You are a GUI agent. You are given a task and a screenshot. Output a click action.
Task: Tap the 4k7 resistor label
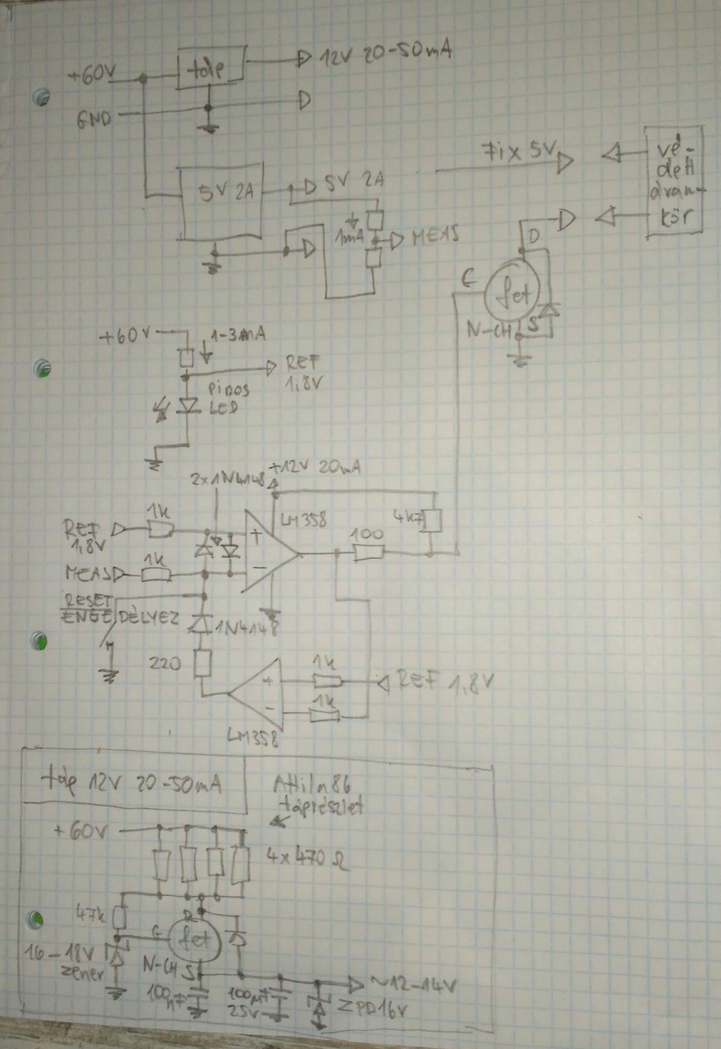[x=407, y=517]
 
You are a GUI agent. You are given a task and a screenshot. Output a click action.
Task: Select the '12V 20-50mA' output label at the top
[x=386, y=55]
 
